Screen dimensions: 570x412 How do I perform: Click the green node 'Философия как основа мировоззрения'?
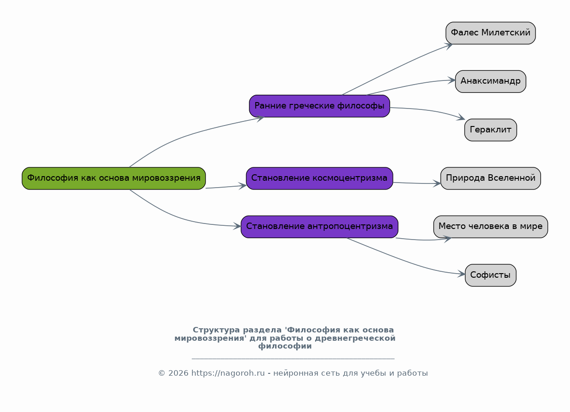click(114, 178)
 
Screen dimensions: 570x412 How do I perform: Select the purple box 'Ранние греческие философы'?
click(319, 106)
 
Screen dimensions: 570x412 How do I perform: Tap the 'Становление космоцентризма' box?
click(319, 178)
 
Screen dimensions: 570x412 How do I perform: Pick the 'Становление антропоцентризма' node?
click(319, 227)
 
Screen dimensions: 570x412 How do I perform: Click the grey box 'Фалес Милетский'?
click(490, 33)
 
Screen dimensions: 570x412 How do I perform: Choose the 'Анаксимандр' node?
click(490, 82)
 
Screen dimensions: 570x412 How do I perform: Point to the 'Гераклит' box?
click(490, 130)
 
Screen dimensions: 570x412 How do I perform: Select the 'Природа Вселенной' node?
click(490, 178)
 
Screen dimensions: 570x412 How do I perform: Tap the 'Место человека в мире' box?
click(490, 227)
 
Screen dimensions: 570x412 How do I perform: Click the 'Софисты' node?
click(490, 275)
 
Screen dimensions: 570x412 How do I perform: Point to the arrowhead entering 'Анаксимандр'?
click(452, 80)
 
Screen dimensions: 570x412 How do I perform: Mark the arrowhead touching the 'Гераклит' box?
click(461, 118)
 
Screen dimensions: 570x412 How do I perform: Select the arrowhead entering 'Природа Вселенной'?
click(437, 183)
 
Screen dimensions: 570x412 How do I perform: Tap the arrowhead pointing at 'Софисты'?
click(461, 274)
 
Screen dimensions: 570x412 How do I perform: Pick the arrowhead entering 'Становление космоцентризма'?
click(242, 186)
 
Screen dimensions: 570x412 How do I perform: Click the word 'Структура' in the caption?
click(216, 330)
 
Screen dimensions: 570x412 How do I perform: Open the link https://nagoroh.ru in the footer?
click(228, 373)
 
